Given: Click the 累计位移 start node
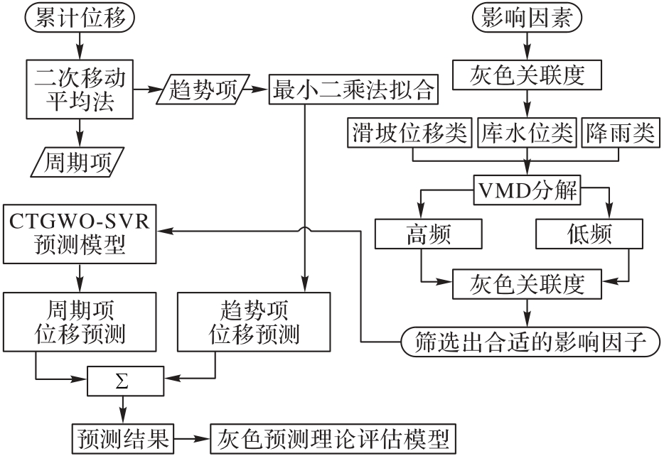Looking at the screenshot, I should point(79,18).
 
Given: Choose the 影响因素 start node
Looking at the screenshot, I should point(526,18).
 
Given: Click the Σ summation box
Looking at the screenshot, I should point(124,384).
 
